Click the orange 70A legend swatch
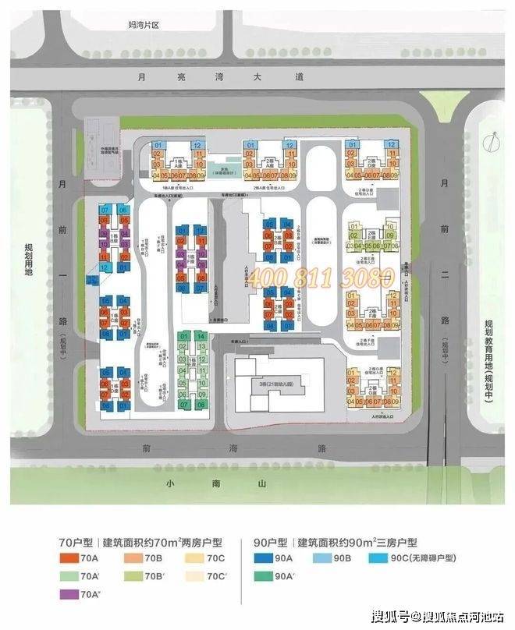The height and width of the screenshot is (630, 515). pyautogui.click(x=70, y=558)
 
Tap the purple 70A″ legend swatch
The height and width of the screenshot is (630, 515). pyautogui.click(x=70, y=595)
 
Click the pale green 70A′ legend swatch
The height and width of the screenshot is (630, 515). pyautogui.click(x=70, y=577)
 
